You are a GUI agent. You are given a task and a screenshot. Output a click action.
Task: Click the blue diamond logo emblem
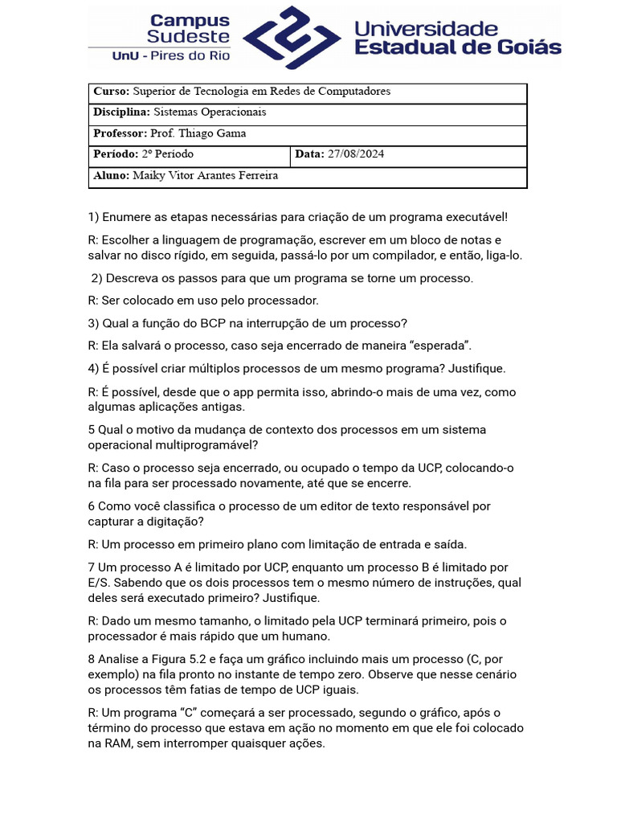click(292, 37)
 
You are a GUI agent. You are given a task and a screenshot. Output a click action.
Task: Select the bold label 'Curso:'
click(111, 92)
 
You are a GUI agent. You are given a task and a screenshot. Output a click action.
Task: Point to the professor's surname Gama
click(231, 133)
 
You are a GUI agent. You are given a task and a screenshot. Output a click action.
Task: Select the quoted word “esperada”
click(442, 346)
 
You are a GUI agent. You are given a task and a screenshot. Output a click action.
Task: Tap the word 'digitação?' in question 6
click(175, 521)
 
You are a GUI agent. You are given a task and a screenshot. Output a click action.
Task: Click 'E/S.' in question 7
click(100, 583)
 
